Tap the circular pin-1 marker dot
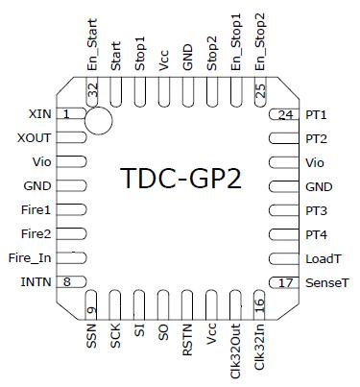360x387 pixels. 97,119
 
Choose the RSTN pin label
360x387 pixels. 188,341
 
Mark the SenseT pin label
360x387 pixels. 323,282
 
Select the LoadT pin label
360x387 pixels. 321,258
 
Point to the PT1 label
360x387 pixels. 316,114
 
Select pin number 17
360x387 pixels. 285,282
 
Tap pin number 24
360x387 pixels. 285,114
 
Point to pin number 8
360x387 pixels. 67,281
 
